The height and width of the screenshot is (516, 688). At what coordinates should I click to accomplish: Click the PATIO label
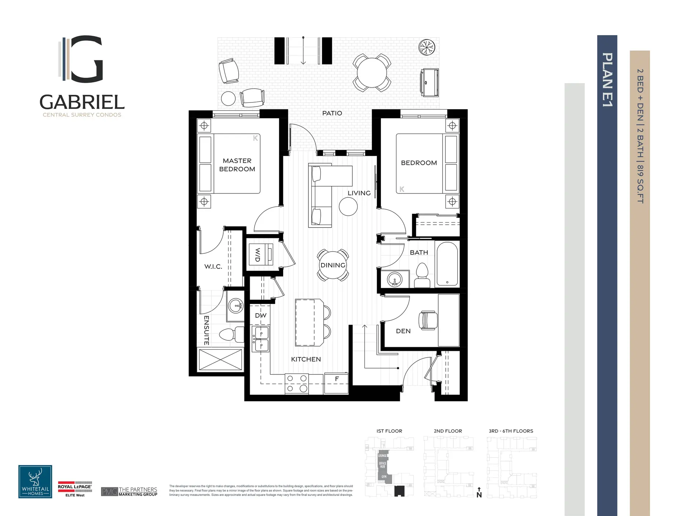tap(332, 113)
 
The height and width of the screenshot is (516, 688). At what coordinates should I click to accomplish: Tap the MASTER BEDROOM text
tap(237, 165)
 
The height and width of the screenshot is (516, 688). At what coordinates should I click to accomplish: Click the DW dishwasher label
tap(261, 315)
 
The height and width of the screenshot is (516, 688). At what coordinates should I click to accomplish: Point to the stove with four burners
tap(297, 383)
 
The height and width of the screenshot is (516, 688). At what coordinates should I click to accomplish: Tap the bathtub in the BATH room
tap(447, 264)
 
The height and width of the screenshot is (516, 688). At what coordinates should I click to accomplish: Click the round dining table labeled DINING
tap(333, 265)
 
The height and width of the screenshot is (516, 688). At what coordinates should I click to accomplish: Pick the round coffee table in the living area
tap(348, 207)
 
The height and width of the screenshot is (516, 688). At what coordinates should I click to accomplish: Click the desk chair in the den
tap(428, 320)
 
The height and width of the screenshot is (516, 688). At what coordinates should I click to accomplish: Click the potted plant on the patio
tap(427, 47)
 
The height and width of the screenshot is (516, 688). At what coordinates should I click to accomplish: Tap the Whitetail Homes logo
tap(35, 482)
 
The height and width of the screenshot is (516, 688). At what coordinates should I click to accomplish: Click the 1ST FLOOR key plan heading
tap(389, 431)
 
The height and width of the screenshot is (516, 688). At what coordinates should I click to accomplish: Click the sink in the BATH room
tap(395, 279)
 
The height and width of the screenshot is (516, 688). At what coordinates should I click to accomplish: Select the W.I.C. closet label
tap(213, 267)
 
